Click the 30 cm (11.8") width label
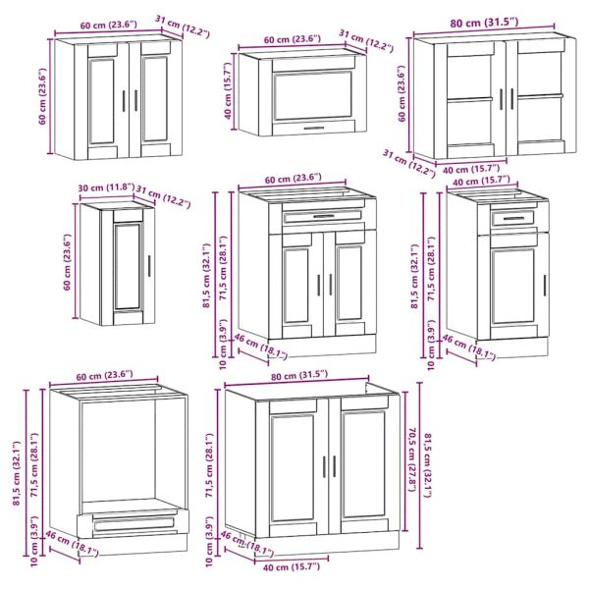106,187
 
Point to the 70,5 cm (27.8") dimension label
412,459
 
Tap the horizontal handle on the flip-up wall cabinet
314,128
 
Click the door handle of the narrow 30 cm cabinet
149,266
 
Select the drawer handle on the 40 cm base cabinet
513,218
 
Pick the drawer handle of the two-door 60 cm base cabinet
323,216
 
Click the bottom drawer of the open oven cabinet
134,523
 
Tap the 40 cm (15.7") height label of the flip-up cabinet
228,91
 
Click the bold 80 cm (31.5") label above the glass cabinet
484,23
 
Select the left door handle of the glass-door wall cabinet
501,99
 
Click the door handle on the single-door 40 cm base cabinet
544,286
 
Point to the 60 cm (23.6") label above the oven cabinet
104,375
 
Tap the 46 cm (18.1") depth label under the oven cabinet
72,543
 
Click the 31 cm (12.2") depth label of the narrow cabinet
163,197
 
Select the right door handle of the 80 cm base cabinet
335,466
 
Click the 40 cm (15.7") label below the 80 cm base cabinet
292,566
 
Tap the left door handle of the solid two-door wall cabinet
124,100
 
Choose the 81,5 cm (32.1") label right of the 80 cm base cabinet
428,465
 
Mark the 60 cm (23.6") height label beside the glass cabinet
402,93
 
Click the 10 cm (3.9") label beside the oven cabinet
34,541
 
